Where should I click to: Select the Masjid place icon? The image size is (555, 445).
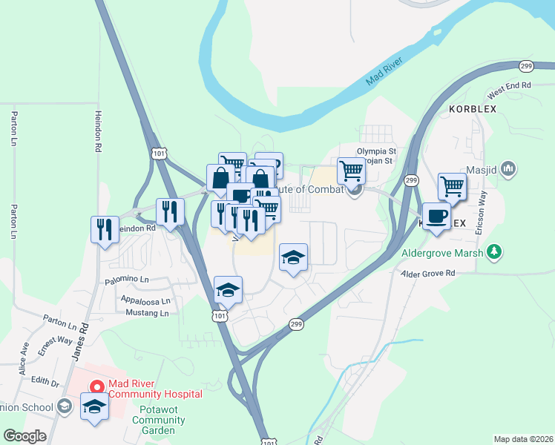508,169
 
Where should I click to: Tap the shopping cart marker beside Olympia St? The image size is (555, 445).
351,171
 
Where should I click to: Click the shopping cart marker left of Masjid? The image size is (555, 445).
452,187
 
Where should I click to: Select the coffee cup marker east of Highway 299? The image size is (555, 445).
436,217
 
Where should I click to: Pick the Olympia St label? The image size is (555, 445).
377,151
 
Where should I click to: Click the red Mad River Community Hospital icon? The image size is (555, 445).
96,386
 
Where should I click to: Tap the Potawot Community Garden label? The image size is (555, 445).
153,420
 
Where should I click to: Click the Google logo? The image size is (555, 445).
24,436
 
